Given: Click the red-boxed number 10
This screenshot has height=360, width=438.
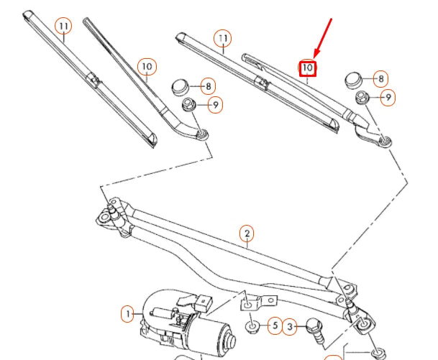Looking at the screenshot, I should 308,69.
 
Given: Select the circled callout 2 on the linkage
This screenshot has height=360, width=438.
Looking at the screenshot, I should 247,234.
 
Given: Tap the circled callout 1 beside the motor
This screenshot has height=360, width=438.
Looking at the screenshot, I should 127,314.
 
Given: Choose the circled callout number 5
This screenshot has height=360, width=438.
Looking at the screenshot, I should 273,326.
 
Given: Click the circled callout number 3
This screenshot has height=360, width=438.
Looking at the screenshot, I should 290,327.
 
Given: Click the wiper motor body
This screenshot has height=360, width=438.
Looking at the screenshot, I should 180,316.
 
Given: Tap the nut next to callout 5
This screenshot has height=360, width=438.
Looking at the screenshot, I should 253,328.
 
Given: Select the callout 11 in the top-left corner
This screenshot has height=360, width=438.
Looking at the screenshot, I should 64,26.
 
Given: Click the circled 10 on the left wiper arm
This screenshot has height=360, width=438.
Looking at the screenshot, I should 147,68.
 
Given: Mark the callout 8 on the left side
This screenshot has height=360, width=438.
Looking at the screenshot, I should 207,87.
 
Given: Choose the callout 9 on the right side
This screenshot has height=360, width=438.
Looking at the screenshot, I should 388,97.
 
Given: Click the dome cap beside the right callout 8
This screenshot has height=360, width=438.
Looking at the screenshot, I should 354,78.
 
